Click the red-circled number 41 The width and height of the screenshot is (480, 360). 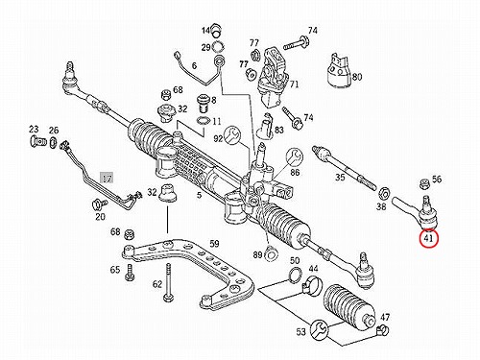(429, 238)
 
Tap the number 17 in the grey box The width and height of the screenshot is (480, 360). (107, 178)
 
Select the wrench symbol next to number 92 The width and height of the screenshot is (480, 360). (231, 135)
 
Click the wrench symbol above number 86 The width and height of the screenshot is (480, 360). (295, 156)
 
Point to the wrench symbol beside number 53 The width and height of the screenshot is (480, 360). (319, 329)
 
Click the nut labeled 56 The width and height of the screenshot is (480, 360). (424, 183)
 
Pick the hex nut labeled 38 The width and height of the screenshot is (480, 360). (383, 193)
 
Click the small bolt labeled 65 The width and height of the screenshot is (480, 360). (130, 274)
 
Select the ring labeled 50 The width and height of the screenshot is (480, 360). (295, 275)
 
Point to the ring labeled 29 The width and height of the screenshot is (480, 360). (218, 47)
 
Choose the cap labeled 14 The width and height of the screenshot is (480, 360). (217, 30)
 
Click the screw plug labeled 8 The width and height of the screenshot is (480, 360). (204, 103)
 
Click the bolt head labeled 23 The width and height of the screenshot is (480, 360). (35, 141)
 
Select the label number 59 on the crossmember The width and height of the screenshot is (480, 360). (214, 244)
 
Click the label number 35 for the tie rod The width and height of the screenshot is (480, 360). (340, 177)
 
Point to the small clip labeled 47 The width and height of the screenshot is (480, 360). (383, 329)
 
